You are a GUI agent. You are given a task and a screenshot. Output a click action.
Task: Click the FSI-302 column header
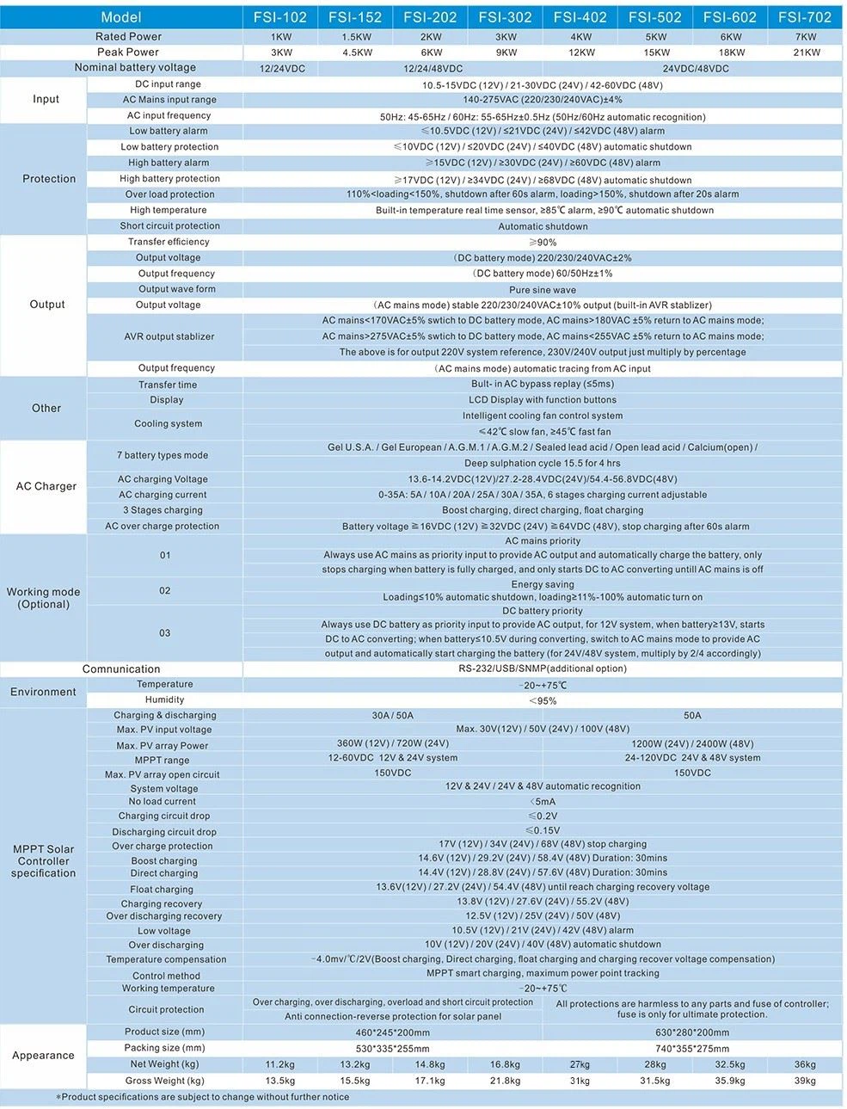coord(505,17)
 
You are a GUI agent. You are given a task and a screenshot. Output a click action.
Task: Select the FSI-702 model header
coord(805,17)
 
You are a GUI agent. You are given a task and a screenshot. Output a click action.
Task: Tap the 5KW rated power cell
coord(655,37)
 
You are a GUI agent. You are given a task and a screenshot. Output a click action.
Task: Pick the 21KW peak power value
coord(805,52)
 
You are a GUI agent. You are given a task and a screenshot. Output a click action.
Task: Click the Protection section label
coord(49,179)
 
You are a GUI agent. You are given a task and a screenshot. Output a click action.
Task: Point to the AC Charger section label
coord(46,486)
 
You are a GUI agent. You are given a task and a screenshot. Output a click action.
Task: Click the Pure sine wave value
coord(542,290)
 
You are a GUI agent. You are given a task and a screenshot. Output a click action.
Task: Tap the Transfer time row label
coord(168,385)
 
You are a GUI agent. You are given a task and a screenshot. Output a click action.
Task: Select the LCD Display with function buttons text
coord(542,400)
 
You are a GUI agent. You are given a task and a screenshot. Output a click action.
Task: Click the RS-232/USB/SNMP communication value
coord(542,668)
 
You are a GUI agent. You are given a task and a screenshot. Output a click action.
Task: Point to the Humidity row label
coord(164,700)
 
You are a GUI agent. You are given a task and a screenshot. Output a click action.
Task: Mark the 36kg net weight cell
coord(805,1064)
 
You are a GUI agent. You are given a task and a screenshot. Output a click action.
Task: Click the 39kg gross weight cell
coord(805,1081)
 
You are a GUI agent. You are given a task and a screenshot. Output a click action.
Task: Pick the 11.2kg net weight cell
coord(280,1064)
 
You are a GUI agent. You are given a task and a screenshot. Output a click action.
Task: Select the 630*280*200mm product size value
coord(692,1032)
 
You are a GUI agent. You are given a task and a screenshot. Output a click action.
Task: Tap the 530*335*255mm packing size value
coord(392,1049)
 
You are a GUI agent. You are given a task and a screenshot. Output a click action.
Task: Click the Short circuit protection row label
coord(169,226)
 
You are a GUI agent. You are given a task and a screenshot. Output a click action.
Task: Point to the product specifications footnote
coord(203,1097)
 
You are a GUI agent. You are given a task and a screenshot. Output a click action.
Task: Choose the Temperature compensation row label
coord(166,959)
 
